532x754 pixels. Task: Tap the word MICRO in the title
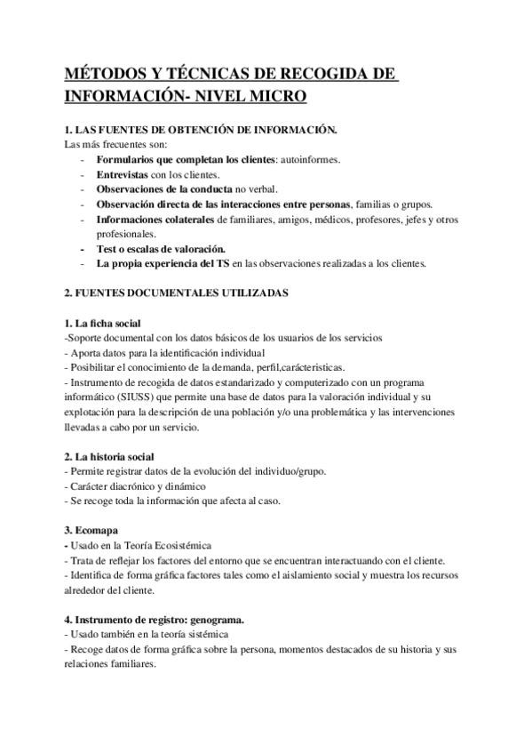[271, 94]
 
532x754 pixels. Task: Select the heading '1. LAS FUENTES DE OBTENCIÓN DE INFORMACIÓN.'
[201, 130]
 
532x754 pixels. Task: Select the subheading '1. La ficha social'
[103, 322]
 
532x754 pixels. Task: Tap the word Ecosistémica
[182, 545]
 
